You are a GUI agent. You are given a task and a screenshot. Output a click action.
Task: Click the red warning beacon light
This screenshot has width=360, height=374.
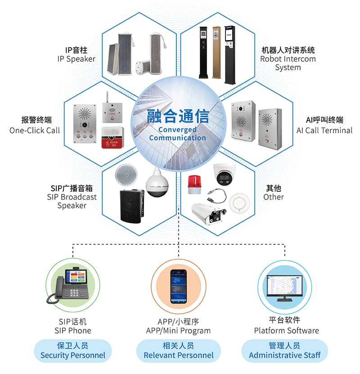194,185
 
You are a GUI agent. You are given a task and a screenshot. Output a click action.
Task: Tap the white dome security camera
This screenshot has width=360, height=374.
225,174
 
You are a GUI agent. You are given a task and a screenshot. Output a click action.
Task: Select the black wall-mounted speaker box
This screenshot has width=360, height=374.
132,206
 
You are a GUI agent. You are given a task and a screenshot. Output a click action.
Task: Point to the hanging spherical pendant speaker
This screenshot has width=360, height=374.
157,183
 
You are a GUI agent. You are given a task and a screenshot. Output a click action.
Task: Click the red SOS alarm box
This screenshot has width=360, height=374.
113,138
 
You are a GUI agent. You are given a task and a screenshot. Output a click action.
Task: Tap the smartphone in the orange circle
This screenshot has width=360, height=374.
178,286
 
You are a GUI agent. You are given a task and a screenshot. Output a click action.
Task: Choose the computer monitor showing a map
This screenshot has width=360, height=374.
284,288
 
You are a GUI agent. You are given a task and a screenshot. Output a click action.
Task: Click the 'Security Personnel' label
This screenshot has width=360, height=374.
73,355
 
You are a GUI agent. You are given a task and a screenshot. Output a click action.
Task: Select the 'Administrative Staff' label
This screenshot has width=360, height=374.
285,355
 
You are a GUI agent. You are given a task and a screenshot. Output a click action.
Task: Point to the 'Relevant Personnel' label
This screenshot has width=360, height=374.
179,355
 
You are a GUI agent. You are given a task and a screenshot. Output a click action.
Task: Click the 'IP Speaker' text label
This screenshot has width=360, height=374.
76,59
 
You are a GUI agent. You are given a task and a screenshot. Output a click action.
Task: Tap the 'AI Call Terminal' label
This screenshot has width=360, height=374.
324,131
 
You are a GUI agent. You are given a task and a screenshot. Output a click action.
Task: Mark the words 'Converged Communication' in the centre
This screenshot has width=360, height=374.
177,134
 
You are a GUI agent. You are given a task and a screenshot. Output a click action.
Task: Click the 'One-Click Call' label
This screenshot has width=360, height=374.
35,131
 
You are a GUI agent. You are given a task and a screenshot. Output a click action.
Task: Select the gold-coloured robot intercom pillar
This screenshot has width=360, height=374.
216,52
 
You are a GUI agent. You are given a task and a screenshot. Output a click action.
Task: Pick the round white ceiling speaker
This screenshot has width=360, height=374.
126,175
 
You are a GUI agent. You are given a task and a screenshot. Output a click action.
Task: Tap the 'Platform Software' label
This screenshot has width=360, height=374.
286,331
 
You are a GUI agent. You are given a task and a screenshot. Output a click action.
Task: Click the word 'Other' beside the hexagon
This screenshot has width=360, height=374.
274,197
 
